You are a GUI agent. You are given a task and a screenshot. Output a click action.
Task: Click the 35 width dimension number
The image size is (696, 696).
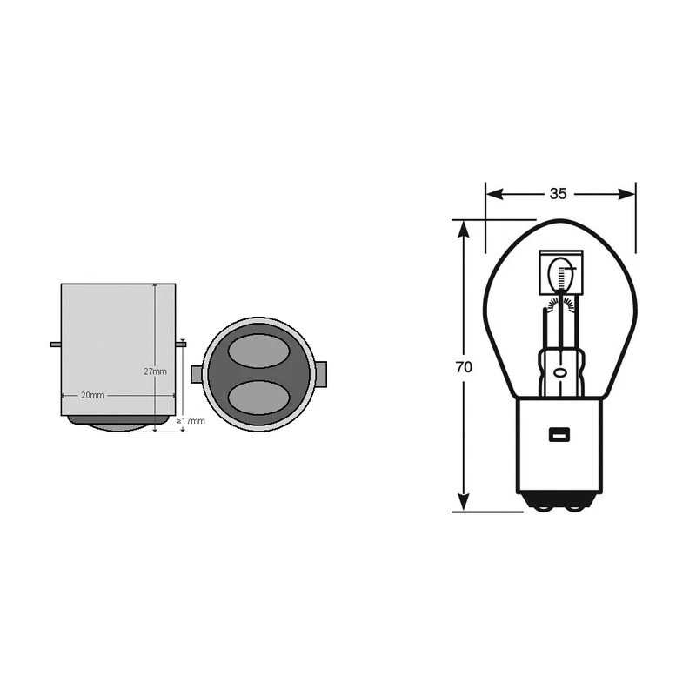(559, 194)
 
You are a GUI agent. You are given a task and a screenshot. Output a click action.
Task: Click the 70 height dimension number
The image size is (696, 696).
(464, 367)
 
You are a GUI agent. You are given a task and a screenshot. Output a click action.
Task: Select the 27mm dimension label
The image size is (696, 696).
(155, 371)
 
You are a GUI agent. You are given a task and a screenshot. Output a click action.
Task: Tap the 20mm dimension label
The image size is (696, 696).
(92, 395)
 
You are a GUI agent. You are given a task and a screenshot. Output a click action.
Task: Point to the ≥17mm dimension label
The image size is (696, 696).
(191, 421)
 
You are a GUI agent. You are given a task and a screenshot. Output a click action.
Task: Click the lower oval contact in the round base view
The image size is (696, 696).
(258, 396)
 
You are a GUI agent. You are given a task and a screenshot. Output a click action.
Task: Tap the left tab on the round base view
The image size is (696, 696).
(196, 374)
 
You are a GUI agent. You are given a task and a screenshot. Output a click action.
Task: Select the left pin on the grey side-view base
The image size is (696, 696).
(55, 344)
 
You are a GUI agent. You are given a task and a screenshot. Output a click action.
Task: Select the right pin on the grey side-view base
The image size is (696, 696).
(181, 344)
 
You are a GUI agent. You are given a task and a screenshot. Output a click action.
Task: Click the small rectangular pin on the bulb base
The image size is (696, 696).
(558, 434)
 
